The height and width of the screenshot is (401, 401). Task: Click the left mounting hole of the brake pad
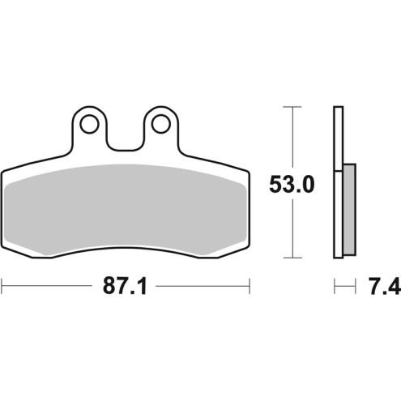pyautogui.click(x=88, y=123)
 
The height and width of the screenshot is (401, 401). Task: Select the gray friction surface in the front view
pyautogui.click(x=126, y=211)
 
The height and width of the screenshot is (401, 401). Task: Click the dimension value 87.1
pyautogui.click(x=125, y=287)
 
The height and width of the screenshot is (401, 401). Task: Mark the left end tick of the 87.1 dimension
pyautogui.click(x=2, y=286)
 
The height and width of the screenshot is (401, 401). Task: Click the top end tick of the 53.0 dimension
pyautogui.click(x=289, y=106)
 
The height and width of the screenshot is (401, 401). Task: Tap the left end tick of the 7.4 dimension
pyautogui.click(x=334, y=286)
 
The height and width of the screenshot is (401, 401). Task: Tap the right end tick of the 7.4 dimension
pyautogui.click(x=356, y=286)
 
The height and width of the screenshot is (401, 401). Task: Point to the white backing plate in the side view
pyautogui.click(x=336, y=146)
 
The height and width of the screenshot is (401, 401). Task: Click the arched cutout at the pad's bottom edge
pyautogui.click(x=126, y=258)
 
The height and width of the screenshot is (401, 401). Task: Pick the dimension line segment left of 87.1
pyautogui.click(x=49, y=286)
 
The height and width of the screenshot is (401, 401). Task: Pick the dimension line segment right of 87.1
pyautogui.click(x=203, y=286)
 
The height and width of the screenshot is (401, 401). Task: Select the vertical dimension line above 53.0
pyautogui.click(x=289, y=138)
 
